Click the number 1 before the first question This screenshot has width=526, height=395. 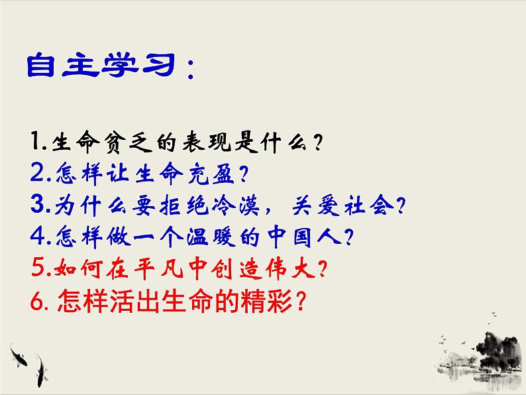(x=35, y=141)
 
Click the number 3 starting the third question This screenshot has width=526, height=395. (x=36, y=205)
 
